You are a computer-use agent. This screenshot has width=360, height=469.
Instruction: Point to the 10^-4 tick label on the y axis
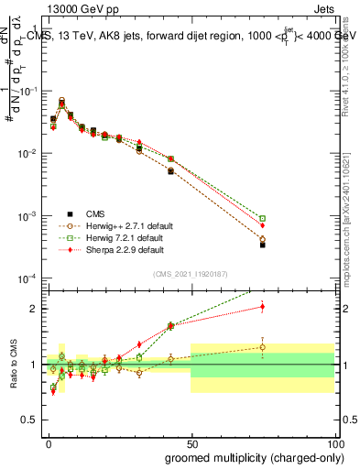pyautogui.click(x=30, y=278)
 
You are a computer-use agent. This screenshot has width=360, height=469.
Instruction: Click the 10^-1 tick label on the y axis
pyautogui.click(x=30, y=92)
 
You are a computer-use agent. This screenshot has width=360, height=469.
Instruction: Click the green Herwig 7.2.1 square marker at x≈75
pyautogui.click(x=262, y=219)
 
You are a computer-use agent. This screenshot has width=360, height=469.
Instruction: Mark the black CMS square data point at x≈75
pyautogui.click(x=262, y=245)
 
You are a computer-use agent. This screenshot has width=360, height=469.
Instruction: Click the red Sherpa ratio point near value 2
pyautogui.click(x=262, y=307)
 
